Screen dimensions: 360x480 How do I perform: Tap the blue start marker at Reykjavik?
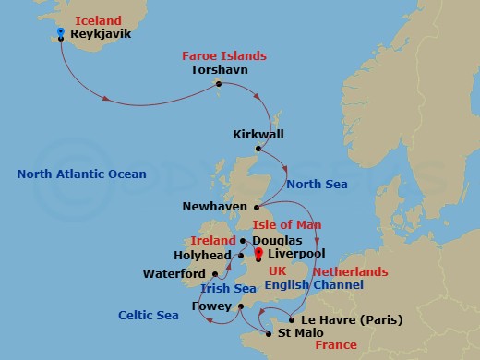pos(60,32)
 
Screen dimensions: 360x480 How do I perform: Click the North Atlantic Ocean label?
pos(81,174)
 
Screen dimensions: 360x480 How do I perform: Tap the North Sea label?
pos(317,185)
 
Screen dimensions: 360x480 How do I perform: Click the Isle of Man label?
pos(283,225)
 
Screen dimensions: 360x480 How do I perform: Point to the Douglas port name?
pos(275,240)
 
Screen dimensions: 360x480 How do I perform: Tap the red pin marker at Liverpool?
pos(258,253)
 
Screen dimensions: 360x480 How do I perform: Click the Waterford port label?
pos(175,273)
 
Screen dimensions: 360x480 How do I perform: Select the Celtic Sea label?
pos(150,316)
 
